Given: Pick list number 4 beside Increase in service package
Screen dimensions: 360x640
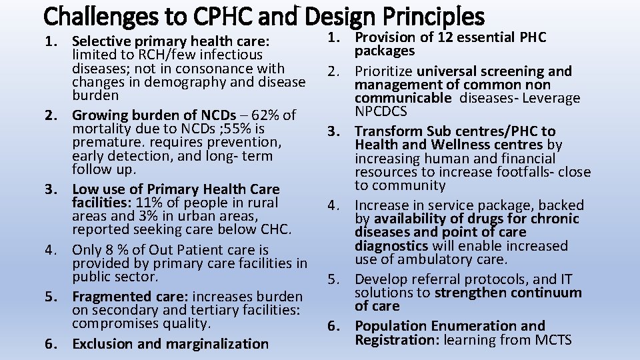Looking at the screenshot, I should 335,205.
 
